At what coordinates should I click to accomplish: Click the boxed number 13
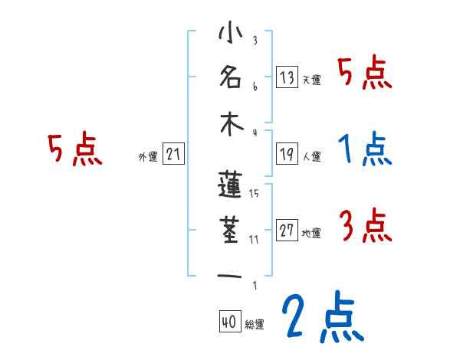coord(287,77)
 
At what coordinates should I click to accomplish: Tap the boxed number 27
coord(287,231)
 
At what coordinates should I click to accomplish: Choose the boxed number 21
coord(173,155)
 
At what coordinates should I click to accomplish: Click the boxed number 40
coord(229,322)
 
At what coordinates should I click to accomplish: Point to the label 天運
coord(311,80)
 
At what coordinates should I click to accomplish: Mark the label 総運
coord(255,325)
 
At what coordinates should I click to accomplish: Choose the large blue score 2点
coord(321,316)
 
